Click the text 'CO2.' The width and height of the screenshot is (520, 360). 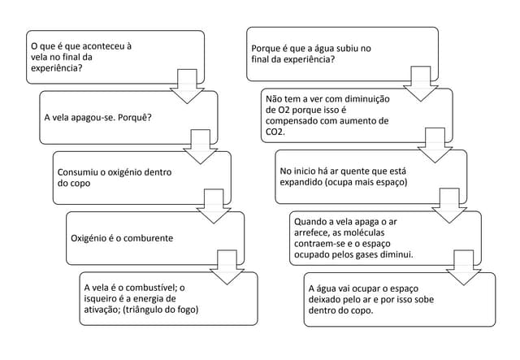pos(276,131)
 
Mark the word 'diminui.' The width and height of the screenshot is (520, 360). pos(394,254)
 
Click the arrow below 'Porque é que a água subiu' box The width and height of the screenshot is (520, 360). pos(420,83)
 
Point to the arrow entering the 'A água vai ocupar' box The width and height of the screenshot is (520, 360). pos(464,267)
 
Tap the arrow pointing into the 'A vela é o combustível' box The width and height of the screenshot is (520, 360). pos(226,266)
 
